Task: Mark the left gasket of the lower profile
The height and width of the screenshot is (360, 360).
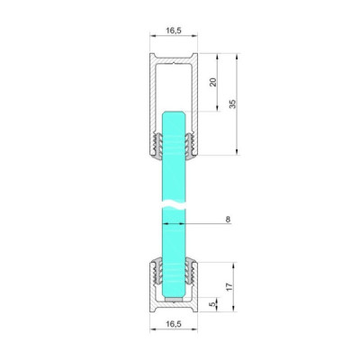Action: coord(157,270)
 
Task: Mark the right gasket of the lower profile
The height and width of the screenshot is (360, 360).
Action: coord(190,270)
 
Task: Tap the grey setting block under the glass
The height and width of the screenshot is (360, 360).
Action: coord(173,300)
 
